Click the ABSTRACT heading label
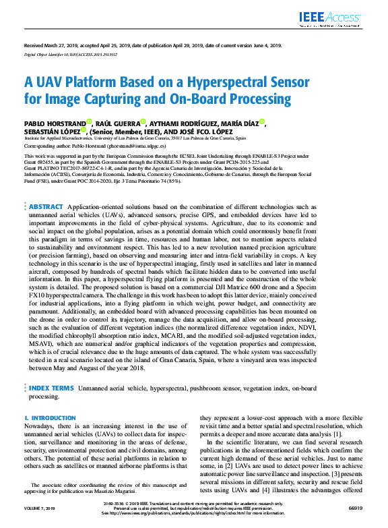point(46,206)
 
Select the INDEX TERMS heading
point(51,388)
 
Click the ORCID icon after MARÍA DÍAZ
point(263,122)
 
